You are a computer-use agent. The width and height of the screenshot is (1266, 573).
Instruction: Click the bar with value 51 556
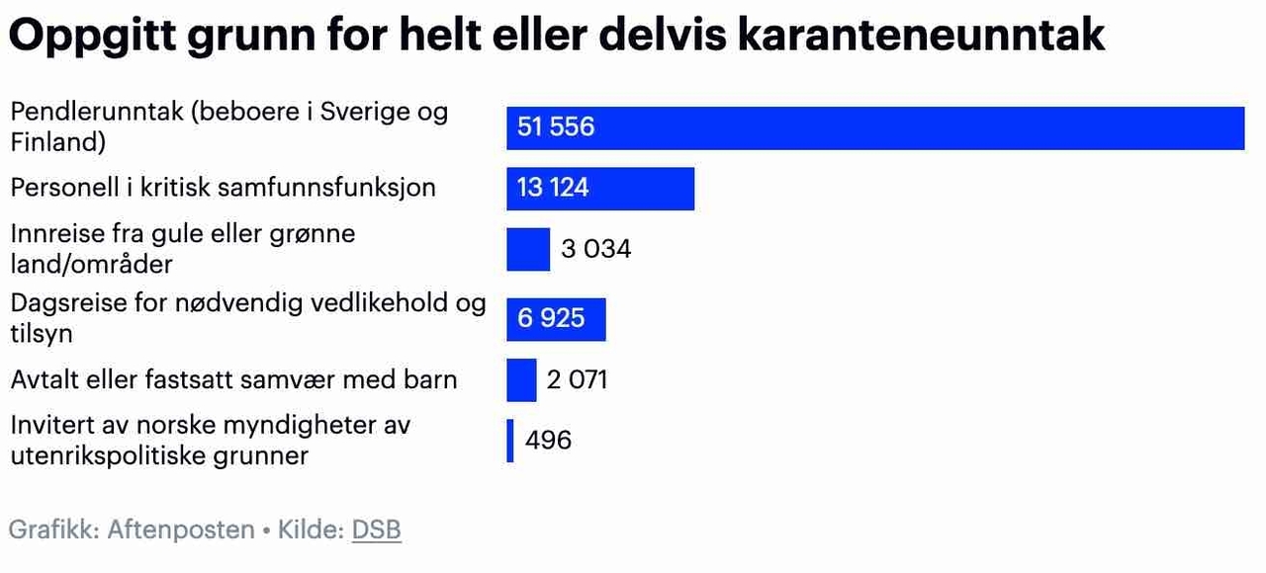click(x=875, y=127)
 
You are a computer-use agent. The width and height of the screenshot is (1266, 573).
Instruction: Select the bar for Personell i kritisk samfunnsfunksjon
click(x=600, y=188)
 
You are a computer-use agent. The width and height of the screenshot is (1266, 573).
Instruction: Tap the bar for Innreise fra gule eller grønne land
click(x=527, y=249)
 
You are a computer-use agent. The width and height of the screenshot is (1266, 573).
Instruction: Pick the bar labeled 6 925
click(x=556, y=318)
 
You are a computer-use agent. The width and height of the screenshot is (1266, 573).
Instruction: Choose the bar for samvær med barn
click(x=521, y=379)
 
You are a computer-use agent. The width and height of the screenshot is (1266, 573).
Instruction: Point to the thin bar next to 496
click(x=510, y=441)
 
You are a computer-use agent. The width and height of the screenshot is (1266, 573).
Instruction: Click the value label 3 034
click(x=595, y=249)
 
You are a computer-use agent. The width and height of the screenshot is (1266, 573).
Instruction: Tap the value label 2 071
click(x=577, y=379)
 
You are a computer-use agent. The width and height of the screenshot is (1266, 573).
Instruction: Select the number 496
click(x=548, y=440)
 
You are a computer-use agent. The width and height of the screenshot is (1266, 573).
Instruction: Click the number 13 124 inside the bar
click(x=553, y=188)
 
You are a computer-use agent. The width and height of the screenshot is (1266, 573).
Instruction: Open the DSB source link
click(x=377, y=530)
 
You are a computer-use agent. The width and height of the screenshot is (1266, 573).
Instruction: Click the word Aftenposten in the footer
click(x=181, y=530)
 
